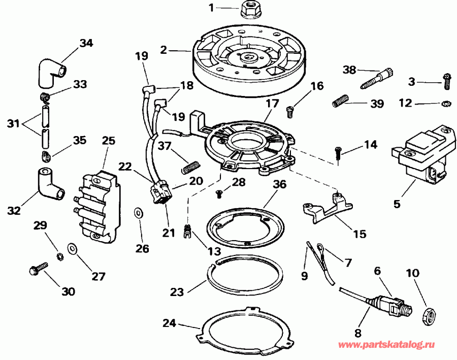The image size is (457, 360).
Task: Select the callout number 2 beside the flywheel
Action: [x=163, y=50]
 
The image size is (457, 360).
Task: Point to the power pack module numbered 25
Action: [x=100, y=206]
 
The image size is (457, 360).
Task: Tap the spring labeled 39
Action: [x=341, y=101]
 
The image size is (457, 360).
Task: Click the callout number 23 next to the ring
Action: [x=178, y=292]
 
